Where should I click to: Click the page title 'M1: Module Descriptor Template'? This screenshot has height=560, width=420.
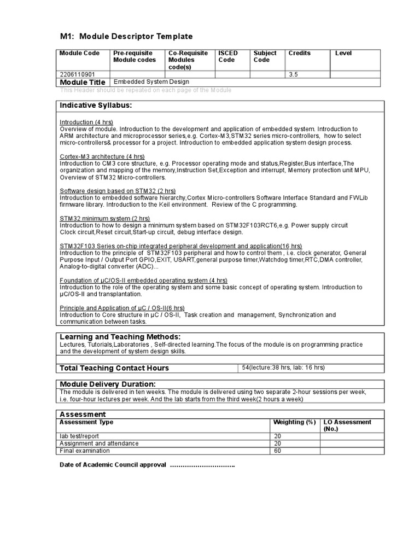click(x=126, y=36)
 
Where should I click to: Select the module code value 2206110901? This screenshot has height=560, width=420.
click(x=77, y=74)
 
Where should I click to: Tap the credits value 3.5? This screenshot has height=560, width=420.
click(x=294, y=74)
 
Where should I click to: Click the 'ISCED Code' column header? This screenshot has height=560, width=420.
click(x=227, y=56)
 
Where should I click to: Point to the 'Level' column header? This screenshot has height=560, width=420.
click(x=343, y=53)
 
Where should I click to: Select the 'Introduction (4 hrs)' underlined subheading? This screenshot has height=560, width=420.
click(x=86, y=122)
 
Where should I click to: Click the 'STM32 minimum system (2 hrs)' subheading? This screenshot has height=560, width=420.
click(x=104, y=218)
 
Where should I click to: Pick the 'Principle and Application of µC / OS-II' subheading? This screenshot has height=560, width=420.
click(x=122, y=308)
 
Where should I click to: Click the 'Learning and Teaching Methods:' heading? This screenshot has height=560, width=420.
click(x=120, y=336)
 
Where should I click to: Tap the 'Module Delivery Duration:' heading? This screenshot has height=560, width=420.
click(x=107, y=384)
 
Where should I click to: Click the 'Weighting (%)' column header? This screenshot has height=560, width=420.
click(x=294, y=422)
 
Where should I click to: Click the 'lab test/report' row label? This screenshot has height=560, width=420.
click(x=79, y=436)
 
